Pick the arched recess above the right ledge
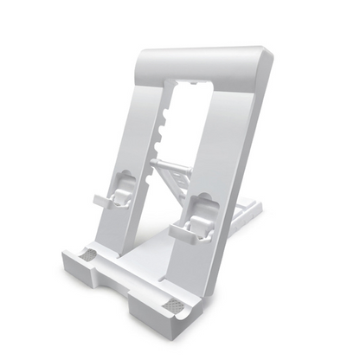click(x=202, y=203)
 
